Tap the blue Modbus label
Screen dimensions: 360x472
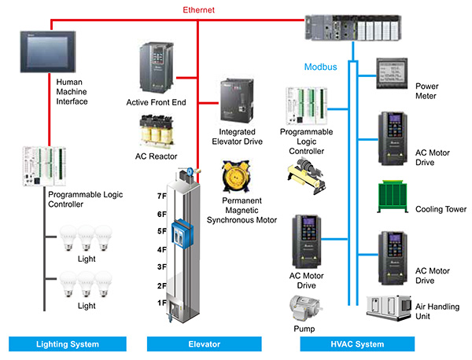(x=321, y=68)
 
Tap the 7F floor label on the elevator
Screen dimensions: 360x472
(x=162, y=196)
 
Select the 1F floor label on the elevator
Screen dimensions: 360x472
(x=162, y=303)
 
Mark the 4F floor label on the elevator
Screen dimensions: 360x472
(x=162, y=249)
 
